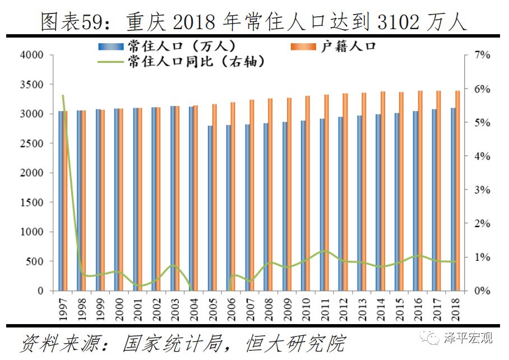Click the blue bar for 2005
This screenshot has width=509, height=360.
tap(210, 208)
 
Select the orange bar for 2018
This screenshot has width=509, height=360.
tap(457, 191)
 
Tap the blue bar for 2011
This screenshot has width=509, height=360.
tap(322, 205)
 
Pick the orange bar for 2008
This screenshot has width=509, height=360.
tap(271, 195)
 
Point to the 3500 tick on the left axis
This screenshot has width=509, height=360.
tap(31, 85)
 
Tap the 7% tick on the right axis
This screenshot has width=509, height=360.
tap(482, 55)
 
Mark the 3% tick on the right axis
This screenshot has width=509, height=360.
tap(482, 190)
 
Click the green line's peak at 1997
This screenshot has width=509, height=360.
tap(63, 96)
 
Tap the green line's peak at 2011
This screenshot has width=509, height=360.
tap(325, 250)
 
